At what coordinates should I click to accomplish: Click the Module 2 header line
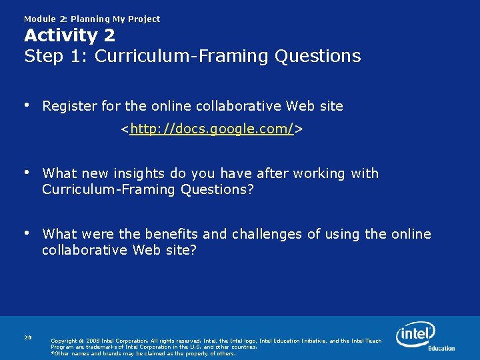coord(92,19)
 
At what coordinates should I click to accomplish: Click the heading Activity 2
coord(69,35)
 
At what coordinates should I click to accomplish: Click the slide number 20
coord(28,337)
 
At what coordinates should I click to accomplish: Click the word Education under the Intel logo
coord(441,348)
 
